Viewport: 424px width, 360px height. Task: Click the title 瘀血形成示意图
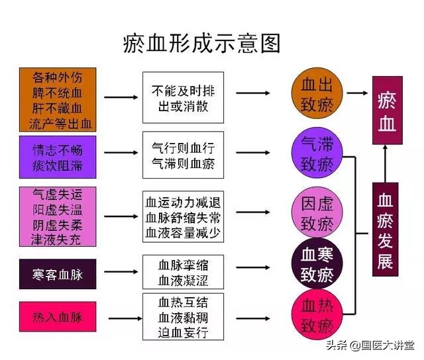coord(202,43)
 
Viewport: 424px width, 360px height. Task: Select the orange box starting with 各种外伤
coord(58,98)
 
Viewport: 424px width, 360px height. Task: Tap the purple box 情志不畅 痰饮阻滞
coord(58,157)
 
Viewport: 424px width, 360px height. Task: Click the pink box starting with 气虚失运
coord(58,216)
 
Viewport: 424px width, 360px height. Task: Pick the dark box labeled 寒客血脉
coord(58,274)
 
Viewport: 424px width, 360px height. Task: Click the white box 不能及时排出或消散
coord(183,98)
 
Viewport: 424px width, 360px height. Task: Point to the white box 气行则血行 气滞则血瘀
coord(183,154)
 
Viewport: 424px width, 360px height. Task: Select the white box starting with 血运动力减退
coord(183,216)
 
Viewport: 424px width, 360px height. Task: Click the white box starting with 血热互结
coord(183,316)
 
